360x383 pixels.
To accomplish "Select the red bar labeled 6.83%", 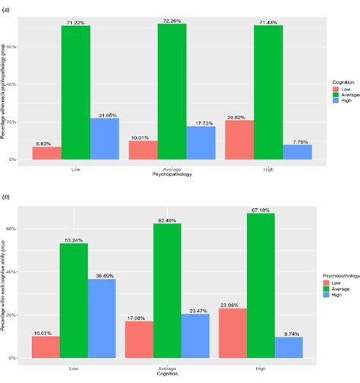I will pyautogui.click(x=46, y=153).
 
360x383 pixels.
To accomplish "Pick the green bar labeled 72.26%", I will pyautogui.click(x=172, y=91).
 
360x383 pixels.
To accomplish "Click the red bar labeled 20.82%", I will pyautogui.click(x=240, y=141).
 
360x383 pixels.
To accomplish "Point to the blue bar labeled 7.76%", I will pyautogui.click(x=297, y=152).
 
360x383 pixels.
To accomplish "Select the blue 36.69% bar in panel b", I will pyautogui.click(x=103, y=308).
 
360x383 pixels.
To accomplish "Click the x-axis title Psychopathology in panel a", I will pyautogui.click(x=171, y=174).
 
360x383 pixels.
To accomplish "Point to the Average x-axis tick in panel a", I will pyautogui.click(x=171, y=168).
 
